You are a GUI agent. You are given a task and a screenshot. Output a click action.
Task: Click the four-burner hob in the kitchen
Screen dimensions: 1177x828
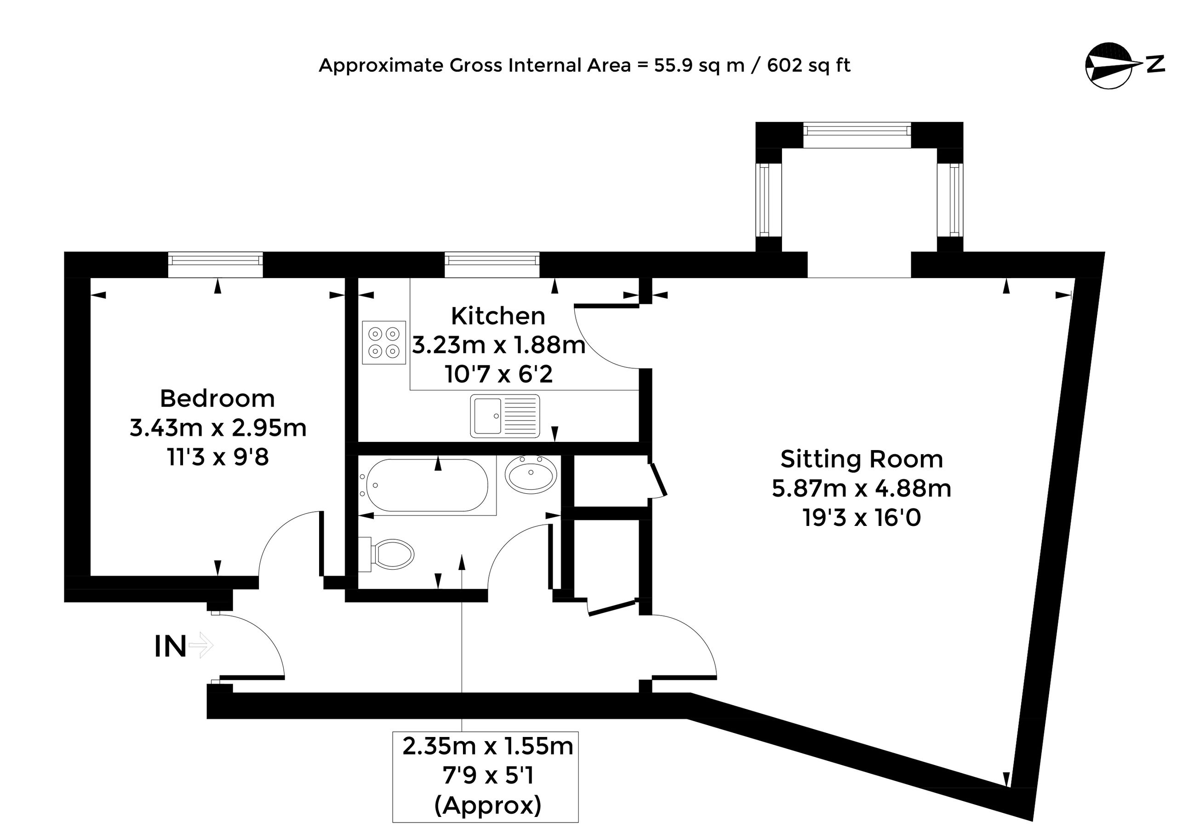coord(384,343)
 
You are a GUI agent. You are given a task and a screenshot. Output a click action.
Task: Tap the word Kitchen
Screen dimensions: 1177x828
coord(498,316)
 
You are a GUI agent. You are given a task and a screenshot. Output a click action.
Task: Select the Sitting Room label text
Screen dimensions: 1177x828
coord(862,459)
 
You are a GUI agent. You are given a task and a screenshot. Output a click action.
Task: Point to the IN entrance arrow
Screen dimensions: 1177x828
coord(201,645)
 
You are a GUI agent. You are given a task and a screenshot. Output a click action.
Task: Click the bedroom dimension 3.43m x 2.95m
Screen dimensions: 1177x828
coord(218,428)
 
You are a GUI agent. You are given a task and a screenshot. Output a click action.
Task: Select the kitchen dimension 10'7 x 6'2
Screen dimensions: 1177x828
coord(499,374)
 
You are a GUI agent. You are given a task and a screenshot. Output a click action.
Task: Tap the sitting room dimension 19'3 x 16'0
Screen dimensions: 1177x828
coord(862,518)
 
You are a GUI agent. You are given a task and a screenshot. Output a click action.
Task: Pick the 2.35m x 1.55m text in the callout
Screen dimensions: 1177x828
coord(487,747)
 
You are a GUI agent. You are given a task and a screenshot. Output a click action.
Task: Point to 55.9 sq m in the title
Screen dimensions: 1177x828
coord(699,66)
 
